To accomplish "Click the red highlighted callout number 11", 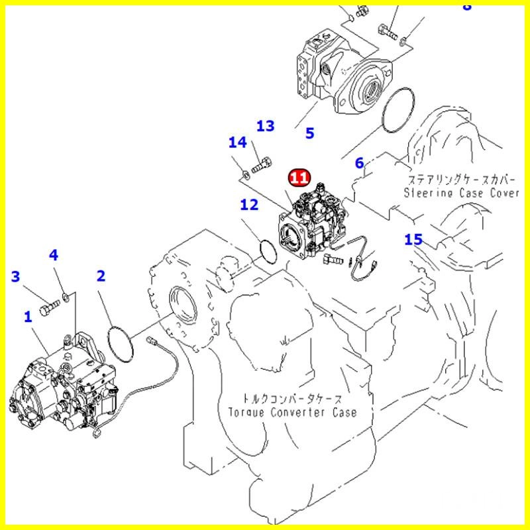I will point(299,178).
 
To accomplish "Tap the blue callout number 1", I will point(28,317).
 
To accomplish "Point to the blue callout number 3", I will point(54,255).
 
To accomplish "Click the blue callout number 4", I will point(309,133).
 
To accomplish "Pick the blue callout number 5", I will point(359,162).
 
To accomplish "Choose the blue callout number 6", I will point(249,205).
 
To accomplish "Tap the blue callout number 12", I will point(265,126).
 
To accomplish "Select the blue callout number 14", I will point(413,239).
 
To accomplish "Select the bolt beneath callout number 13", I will point(244,174).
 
